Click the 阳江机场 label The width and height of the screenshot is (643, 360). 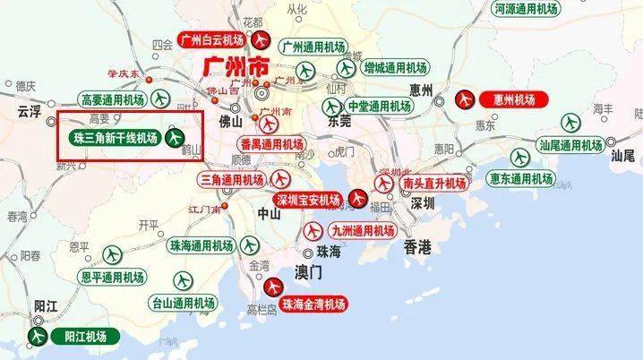point(85,337)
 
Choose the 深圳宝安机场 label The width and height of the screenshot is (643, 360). point(308,199)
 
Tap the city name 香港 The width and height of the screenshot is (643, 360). point(417,245)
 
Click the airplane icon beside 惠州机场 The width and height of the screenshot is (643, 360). point(467,99)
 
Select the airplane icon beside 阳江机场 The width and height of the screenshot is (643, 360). point(38,337)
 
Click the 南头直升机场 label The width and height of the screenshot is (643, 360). point(433,183)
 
